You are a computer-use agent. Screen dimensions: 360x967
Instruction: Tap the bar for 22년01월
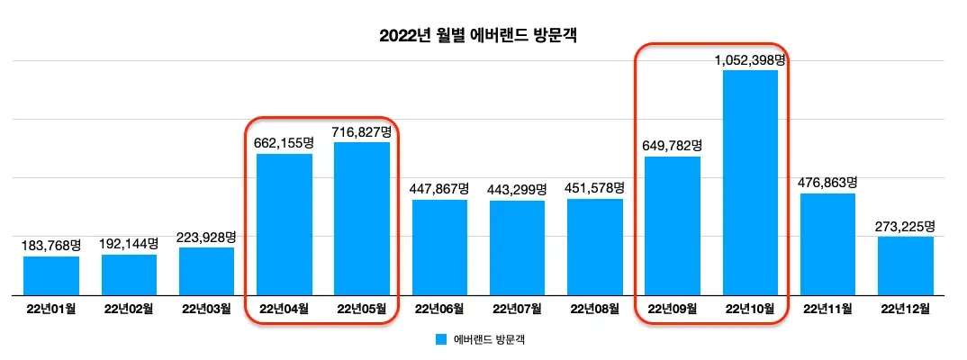(51, 275)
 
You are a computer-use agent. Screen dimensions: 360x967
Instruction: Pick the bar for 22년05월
(362, 218)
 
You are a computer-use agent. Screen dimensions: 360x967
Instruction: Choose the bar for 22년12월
(905, 265)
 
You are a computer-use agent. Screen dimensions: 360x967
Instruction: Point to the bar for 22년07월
(517, 247)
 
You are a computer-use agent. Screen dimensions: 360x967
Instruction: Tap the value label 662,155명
(285, 142)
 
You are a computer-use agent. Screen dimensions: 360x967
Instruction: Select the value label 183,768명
(51, 245)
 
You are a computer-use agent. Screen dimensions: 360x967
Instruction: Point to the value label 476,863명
(827, 182)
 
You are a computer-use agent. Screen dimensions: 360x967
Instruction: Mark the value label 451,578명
(595, 187)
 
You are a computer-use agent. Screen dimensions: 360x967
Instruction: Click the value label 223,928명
(206, 237)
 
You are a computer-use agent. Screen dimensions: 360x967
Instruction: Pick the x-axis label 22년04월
(284, 310)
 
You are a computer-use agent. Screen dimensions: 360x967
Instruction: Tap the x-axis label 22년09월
(673, 310)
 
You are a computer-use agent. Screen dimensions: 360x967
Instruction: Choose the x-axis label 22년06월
(439, 310)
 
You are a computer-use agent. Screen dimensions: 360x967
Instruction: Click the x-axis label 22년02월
(129, 310)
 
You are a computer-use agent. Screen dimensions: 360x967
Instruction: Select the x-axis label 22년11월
(827, 310)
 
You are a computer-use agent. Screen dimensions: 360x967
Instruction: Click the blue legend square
(441, 340)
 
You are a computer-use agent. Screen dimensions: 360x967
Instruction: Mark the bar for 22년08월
(595, 247)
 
